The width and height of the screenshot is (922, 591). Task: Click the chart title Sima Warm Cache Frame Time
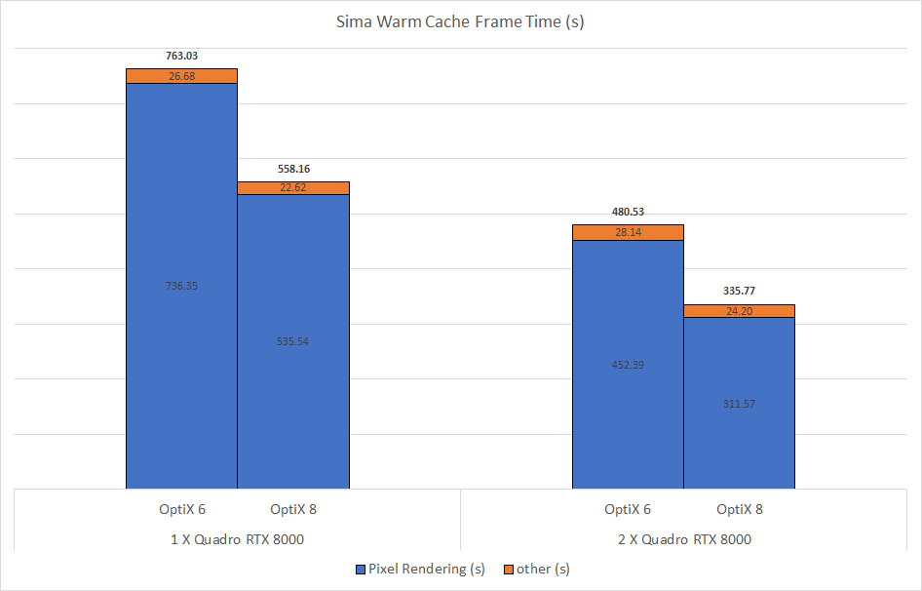pyautogui.click(x=460, y=21)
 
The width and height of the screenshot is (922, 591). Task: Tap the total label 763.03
pyautogui.click(x=181, y=56)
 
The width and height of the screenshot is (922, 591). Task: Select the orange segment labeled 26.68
pyautogui.click(x=181, y=76)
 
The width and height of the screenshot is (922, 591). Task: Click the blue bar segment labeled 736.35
pyautogui.click(x=181, y=286)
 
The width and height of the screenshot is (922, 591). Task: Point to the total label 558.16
pyautogui.click(x=293, y=169)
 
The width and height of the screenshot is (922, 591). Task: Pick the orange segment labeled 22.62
pyautogui.click(x=293, y=188)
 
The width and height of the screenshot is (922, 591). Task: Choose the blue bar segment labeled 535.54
pyautogui.click(x=293, y=341)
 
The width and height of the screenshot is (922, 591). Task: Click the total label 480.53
pyautogui.click(x=628, y=212)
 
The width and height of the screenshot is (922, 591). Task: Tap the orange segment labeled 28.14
pyautogui.click(x=628, y=232)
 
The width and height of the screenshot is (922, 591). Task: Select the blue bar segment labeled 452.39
pyautogui.click(x=628, y=364)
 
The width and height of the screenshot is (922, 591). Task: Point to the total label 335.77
pyautogui.click(x=740, y=291)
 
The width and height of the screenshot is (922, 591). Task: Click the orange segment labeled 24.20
pyautogui.click(x=740, y=311)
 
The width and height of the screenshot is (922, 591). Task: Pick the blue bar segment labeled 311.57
pyautogui.click(x=740, y=403)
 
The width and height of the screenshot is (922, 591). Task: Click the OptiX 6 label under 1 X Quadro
pyautogui.click(x=181, y=509)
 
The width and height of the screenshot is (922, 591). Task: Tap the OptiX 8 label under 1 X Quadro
pyautogui.click(x=293, y=509)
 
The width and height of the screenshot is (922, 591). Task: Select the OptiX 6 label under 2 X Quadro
pyautogui.click(x=628, y=509)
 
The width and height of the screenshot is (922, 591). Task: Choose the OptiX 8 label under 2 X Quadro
pyautogui.click(x=740, y=509)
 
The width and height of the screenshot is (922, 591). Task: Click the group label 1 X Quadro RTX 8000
pyautogui.click(x=237, y=539)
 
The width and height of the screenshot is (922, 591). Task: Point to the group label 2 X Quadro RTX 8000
pyautogui.click(x=683, y=539)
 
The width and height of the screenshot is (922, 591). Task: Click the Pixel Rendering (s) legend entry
pyautogui.click(x=421, y=569)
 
